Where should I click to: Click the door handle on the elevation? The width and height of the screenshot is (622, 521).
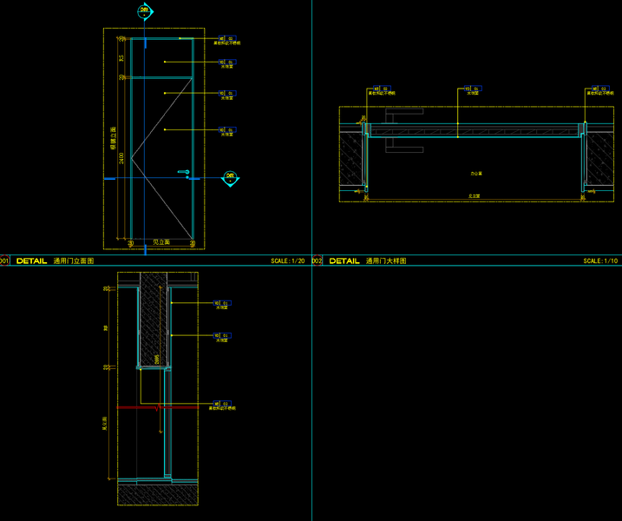[184, 173]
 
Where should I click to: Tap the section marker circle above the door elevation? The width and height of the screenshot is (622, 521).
[145, 11]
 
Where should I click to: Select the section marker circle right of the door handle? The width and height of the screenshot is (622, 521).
[230, 178]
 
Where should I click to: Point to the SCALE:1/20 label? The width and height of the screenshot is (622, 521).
[288, 260]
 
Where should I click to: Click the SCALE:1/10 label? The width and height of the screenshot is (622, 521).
[600, 260]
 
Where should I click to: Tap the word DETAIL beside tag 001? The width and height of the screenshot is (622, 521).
[32, 260]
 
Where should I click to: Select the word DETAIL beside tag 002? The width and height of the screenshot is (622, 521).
[344, 260]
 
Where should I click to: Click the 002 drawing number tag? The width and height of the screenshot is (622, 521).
[317, 260]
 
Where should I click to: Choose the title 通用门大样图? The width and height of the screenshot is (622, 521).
[386, 260]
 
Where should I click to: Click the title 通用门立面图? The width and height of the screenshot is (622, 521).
[74, 260]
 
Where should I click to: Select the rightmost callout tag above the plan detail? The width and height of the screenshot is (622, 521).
[597, 89]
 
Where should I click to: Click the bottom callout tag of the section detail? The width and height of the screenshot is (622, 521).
[223, 403]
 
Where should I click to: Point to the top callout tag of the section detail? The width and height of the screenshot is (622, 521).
[223, 303]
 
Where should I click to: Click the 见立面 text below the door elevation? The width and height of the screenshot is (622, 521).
[160, 242]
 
